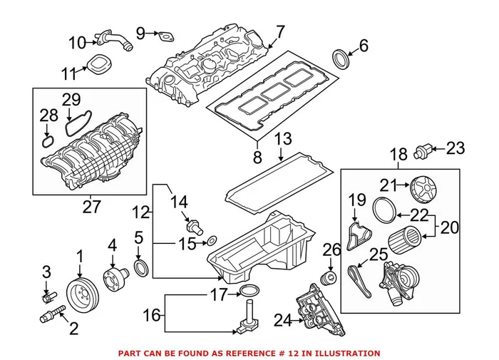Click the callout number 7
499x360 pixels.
(x=280, y=32)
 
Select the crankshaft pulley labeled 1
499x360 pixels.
(x=80, y=293)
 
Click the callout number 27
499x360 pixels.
(x=92, y=207)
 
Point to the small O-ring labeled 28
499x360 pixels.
(x=47, y=139)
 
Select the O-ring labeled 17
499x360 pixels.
(x=247, y=291)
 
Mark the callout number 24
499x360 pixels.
(x=283, y=322)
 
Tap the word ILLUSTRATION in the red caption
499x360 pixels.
(x=346, y=353)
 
